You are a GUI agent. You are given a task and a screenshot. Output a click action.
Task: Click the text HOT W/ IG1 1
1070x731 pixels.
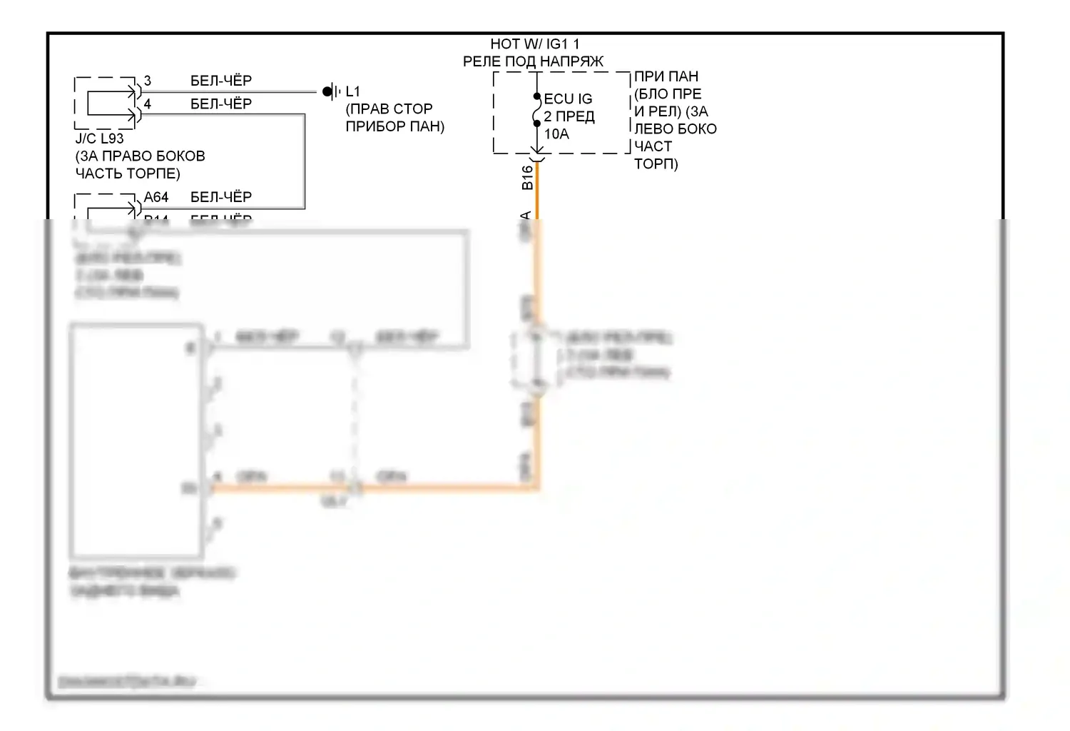[534, 44]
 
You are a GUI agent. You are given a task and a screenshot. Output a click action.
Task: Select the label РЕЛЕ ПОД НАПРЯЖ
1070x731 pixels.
[533, 62]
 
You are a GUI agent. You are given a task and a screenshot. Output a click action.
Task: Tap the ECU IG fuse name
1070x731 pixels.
[568, 99]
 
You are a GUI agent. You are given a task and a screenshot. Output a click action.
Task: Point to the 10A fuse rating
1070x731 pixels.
[556, 134]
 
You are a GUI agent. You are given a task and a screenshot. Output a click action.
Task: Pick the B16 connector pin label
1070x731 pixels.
[527, 177]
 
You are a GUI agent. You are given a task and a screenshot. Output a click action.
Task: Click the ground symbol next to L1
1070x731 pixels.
[329, 92]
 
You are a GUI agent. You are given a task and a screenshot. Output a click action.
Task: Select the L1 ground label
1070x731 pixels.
[352, 92]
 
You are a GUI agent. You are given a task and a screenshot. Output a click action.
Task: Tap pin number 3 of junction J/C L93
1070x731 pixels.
[148, 81]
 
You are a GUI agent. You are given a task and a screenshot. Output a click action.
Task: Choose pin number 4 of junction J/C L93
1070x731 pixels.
[148, 104]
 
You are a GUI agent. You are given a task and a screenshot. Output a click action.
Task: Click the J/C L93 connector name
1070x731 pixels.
[99, 138]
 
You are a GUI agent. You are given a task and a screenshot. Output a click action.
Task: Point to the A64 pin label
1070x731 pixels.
[156, 197]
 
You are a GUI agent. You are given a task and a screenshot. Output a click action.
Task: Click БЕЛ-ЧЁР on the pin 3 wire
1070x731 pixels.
[221, 81]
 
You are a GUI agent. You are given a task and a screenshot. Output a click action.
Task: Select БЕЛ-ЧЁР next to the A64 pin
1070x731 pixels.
[221, 197]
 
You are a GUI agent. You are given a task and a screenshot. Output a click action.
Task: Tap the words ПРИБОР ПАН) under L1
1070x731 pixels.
[394, 126]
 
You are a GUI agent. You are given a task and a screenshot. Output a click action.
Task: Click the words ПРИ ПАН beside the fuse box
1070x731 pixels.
[666, 76]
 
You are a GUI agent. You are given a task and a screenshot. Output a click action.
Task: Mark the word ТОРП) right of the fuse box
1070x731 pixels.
[656, 163]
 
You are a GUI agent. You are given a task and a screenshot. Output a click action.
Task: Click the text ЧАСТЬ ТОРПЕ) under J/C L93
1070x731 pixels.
[128, 173]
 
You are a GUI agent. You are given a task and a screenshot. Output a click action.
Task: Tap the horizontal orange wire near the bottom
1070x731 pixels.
[442, 488]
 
